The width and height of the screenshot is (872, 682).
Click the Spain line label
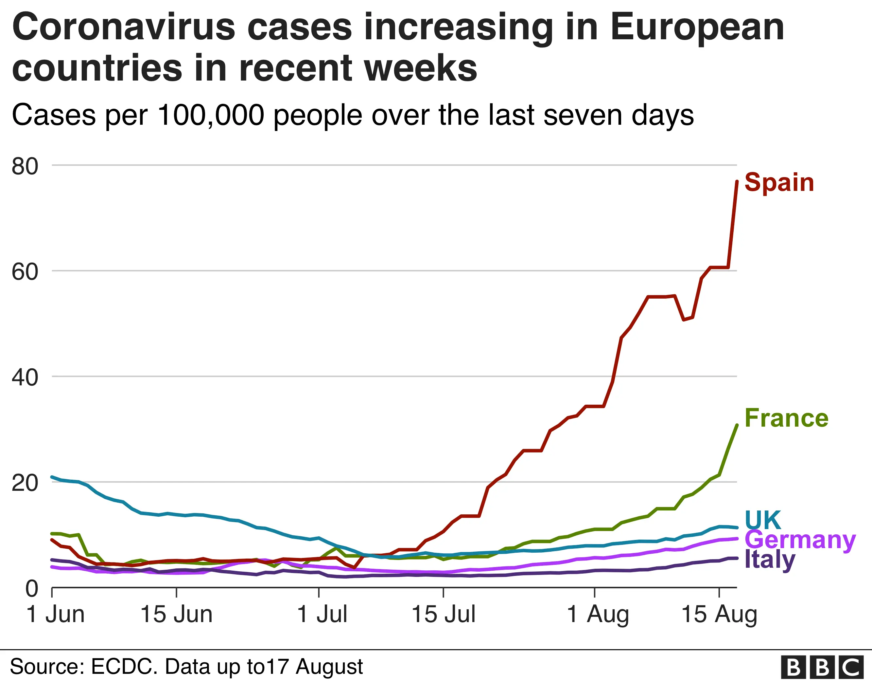click(x=779, y=183)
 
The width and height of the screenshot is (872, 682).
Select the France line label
click(x=786, y=418)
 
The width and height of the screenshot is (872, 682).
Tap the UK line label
click(x=762, y=520)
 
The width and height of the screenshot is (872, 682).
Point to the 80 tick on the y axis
click(x=25, y=166)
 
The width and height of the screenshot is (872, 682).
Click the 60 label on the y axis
click(x=25, y=272)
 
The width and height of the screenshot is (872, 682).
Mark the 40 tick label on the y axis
click(x=25, y=378)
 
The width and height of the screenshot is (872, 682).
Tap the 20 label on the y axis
click(x=25, y=483)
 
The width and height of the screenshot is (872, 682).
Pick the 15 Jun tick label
click(x=177, y=615)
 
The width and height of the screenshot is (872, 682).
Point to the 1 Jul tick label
click(x=323, y=615)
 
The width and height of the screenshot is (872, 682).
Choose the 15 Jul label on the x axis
click(x=444, y=615)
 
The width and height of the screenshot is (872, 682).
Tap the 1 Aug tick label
click(x=598, y=615)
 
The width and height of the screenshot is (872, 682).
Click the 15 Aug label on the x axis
click(x=719, y=615)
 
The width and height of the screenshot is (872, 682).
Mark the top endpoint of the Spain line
click(x=737, y=181)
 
